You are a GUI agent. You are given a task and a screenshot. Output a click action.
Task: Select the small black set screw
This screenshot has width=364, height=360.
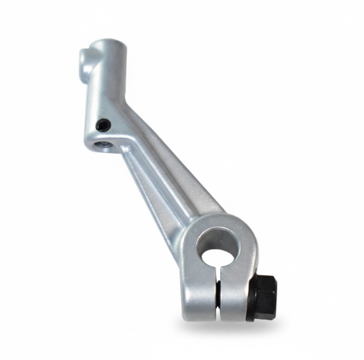pos(103,125)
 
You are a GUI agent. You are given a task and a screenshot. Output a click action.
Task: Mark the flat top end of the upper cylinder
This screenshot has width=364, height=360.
pos(108,45)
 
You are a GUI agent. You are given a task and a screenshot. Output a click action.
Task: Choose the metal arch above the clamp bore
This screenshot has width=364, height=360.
pos(223,222)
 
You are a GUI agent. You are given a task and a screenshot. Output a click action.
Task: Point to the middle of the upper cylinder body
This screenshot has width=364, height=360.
pos(108,84)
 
